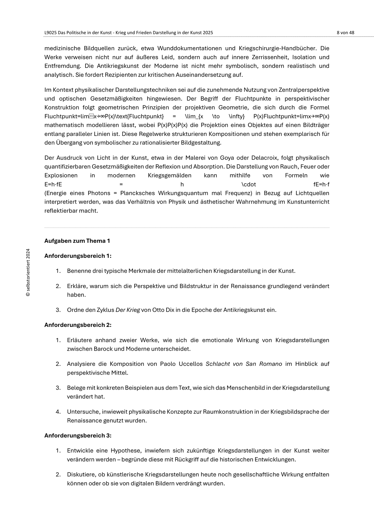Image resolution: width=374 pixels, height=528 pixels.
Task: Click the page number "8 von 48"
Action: click(345, 33)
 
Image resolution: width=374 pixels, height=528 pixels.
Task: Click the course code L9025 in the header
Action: click(51, 33)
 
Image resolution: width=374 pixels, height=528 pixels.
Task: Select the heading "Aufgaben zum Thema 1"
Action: click(77, 241)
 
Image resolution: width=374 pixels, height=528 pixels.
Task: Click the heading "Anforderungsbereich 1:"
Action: click(78, 256)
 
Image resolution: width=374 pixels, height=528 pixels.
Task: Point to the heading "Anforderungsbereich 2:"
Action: click(78, 325)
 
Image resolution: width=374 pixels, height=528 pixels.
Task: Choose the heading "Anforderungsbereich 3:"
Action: click(78, 435)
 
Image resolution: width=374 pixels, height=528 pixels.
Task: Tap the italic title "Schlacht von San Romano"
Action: click(244, 364)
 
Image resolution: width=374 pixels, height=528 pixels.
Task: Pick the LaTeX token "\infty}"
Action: click(237, 116)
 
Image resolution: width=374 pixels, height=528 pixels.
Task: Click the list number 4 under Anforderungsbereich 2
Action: click(58, 411)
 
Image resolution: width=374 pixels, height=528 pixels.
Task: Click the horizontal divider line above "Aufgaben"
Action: click(187, 228)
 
